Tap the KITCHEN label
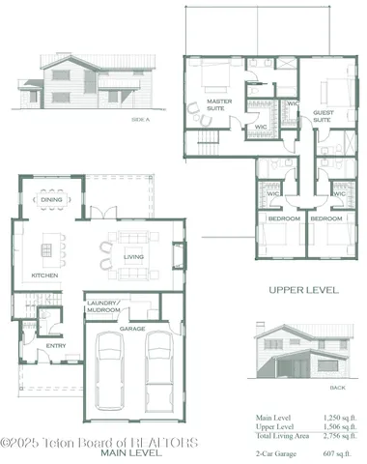(x=44, y=275)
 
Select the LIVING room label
(x=134, y=256)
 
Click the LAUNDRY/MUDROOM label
(x=103, y=308)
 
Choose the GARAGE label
(x=132, y=329)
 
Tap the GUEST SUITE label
(x=324, y=118)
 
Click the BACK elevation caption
(x=310, y=387)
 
